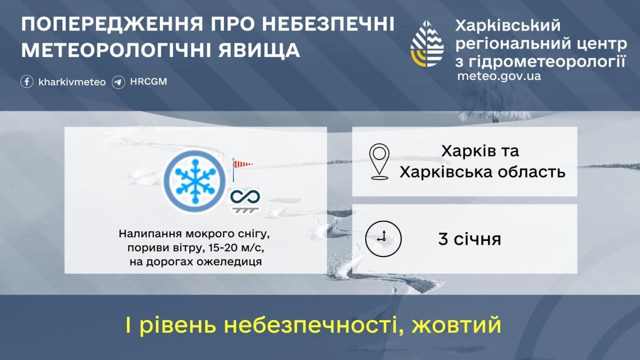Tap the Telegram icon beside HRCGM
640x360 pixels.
coord(118,82)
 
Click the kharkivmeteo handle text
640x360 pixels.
coord(72,82)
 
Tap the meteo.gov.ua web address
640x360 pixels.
coord(499,76)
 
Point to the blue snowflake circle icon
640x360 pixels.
coord(192,180)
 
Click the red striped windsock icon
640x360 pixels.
coord(242,165)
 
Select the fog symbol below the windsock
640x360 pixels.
coord(245,200)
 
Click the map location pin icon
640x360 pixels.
coord(379,161)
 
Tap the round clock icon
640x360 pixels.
coord(383,238)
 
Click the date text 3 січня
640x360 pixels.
coord(469,239)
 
